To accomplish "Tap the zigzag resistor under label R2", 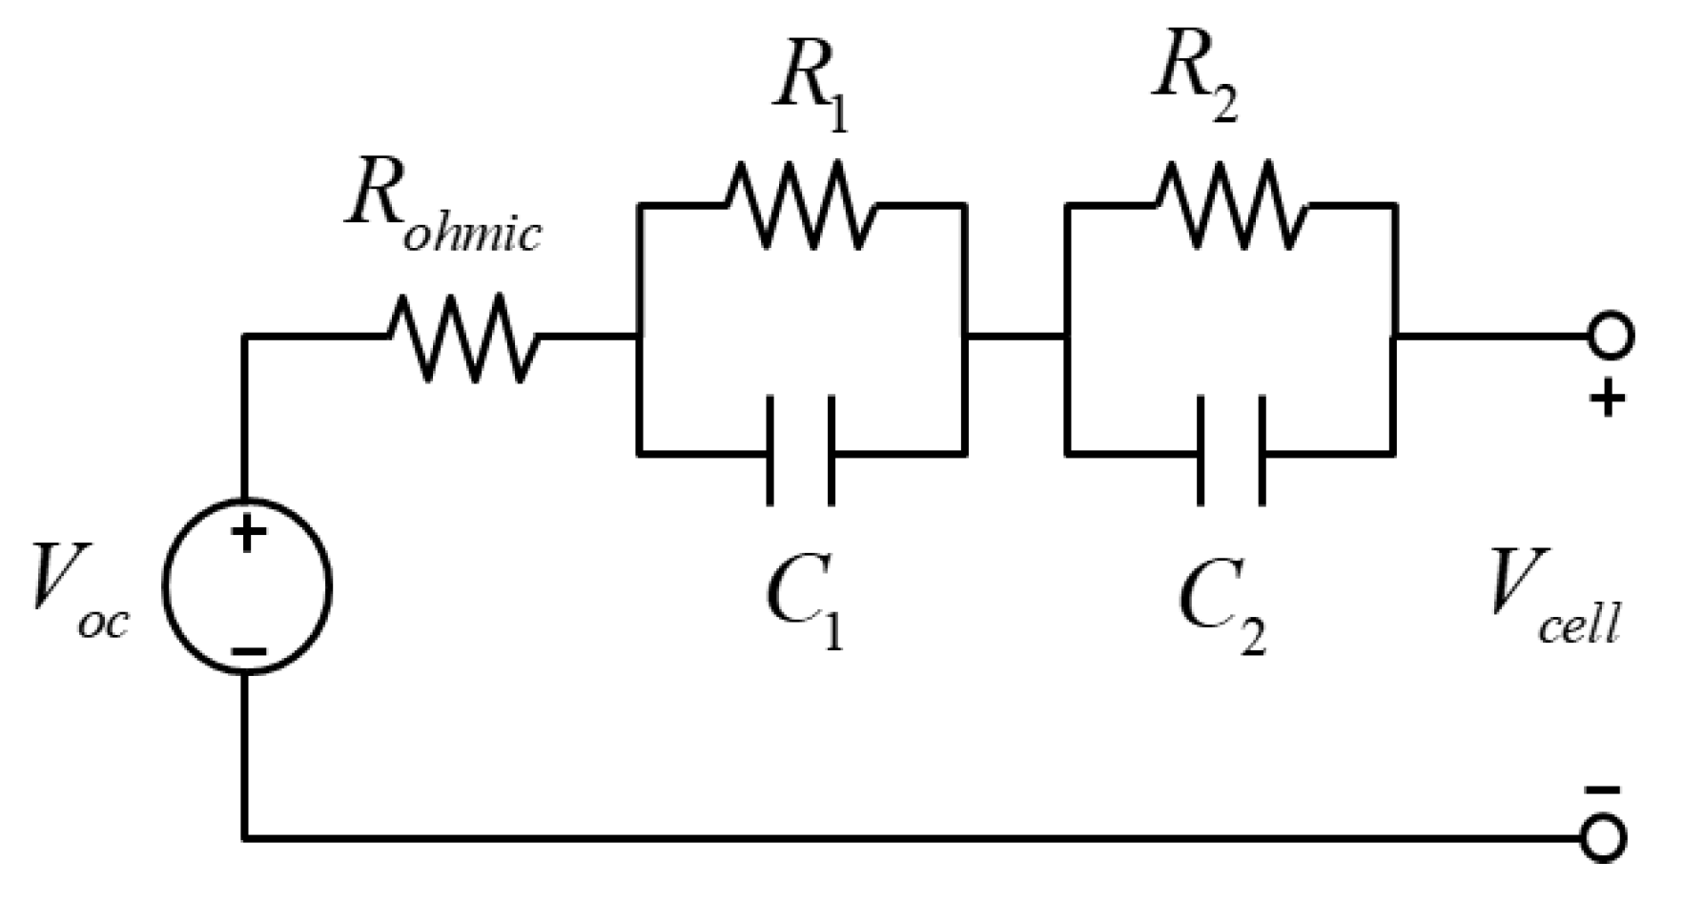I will (x=1231, y=204).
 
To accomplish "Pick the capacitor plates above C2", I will (x=1231, y=451).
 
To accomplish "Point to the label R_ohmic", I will (x=442, y=210).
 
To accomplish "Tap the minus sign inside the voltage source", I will (x=248, y=652).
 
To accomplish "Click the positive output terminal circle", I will (x=1611, y=337).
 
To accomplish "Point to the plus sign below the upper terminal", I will (x=1607, y=399).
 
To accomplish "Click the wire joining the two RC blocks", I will (x=1016, y=337).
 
